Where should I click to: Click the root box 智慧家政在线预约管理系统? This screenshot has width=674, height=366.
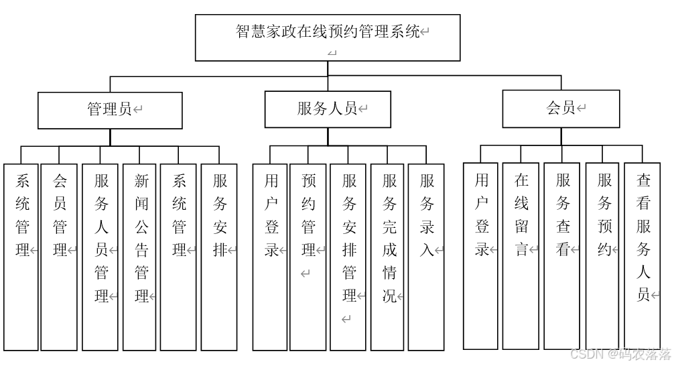[328, 38]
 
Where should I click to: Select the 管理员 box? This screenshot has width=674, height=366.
[110, 110]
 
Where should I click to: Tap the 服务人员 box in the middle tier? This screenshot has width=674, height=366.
[328, 109]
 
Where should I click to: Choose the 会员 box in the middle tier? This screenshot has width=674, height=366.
[561, 109]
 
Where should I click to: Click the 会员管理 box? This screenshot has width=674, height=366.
[60, 257]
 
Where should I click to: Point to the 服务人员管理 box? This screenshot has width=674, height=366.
[100, 257]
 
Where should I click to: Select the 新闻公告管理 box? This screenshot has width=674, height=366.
[141, 257]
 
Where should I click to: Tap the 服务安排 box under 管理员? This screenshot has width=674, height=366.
[220, 257]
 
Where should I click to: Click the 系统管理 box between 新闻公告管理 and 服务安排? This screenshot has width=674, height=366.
[179, 257]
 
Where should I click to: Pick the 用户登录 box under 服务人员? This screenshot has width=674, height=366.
[271, 257]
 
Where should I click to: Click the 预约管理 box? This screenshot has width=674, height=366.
[308, 257]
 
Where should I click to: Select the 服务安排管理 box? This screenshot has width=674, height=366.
[348, 257]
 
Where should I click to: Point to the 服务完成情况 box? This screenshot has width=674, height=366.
[389, 257]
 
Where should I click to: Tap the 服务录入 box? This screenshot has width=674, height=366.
[426, 257]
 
